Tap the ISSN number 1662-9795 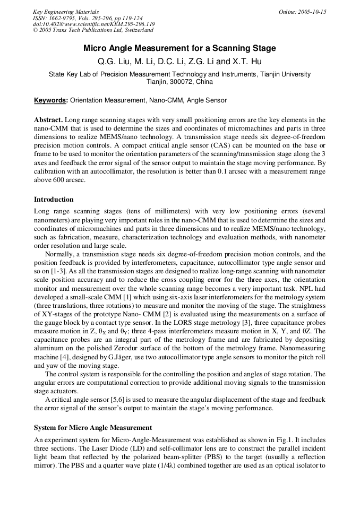point(69,18)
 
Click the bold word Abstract point(49,120)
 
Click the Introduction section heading point(54,200)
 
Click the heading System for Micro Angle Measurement point(93,427)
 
